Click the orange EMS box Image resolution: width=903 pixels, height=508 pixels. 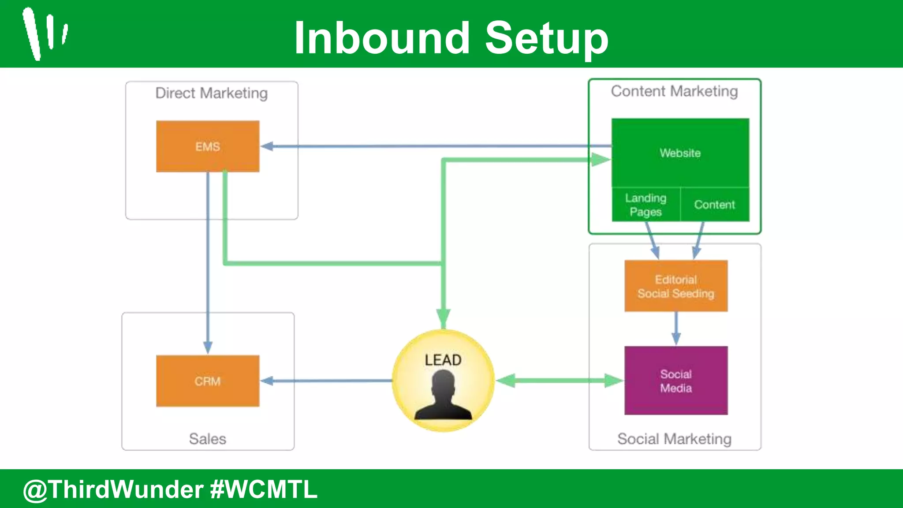[208, 146]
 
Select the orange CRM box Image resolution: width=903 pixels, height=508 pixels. [208, 381]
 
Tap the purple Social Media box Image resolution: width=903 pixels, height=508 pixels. [676, 381]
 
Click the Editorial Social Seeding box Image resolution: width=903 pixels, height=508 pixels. [676, 286]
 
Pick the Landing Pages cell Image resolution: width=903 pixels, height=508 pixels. [646, 205]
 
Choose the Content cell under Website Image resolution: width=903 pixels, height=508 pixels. [715, 205]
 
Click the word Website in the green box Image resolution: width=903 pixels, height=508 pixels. [680, 153]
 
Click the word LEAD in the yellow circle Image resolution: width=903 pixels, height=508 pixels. [443, 360]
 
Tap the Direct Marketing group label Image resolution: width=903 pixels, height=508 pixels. [212, 93]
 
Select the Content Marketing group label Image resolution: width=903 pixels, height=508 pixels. [674, 91]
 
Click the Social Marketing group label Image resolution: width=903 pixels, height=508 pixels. [674, 439]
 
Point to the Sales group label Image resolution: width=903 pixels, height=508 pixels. [208, 439]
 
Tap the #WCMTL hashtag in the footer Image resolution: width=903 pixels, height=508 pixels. [264, 489]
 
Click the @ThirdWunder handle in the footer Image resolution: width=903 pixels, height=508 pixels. [113, 489]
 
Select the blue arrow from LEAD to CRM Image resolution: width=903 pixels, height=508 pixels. [326, 381]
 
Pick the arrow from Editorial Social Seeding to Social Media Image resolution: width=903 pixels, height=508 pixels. [676, 329]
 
